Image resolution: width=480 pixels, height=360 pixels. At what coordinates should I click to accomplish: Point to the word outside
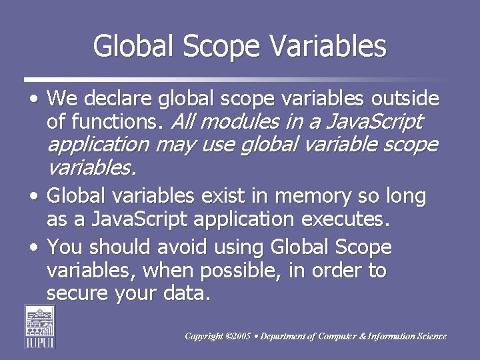click(405, 100)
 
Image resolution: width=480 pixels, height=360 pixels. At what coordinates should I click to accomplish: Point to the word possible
click(265, 270)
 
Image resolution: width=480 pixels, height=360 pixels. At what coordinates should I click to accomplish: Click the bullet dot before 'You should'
click(34, 248)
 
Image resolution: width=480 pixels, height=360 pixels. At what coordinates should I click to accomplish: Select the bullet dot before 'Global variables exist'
click(34, 197)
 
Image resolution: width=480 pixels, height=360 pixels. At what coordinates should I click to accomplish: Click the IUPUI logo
click(41, 326)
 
